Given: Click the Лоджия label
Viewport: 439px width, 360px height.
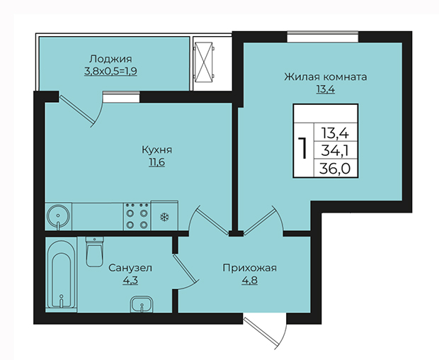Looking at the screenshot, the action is click(110, 60).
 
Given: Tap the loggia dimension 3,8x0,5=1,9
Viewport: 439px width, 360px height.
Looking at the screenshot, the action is click(110, 72).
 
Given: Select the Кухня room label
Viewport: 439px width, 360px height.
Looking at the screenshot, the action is click(156, 150).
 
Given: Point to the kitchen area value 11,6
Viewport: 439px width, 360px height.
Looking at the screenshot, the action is click(156, 162).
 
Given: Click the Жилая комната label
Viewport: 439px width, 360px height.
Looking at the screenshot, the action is click(325, 77).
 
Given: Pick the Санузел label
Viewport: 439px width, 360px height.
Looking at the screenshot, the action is click(130, 268).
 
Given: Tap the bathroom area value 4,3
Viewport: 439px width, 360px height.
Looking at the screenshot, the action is click(130, 281).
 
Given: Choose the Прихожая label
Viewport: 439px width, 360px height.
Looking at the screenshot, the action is click(249, 268).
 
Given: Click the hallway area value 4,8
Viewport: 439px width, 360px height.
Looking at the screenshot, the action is click(250, 281).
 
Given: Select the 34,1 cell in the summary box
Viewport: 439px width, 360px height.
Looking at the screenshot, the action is click(335, 151).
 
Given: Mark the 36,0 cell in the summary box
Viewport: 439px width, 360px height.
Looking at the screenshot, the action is click(335, 169).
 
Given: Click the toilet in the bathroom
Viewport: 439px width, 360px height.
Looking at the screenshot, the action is click(95, 252).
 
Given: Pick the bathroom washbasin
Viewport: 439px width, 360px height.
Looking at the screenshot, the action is click(142, 304).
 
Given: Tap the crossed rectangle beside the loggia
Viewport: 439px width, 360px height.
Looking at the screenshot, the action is click(203, 62).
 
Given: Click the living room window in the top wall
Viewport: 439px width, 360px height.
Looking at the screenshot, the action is click(323, 37).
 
